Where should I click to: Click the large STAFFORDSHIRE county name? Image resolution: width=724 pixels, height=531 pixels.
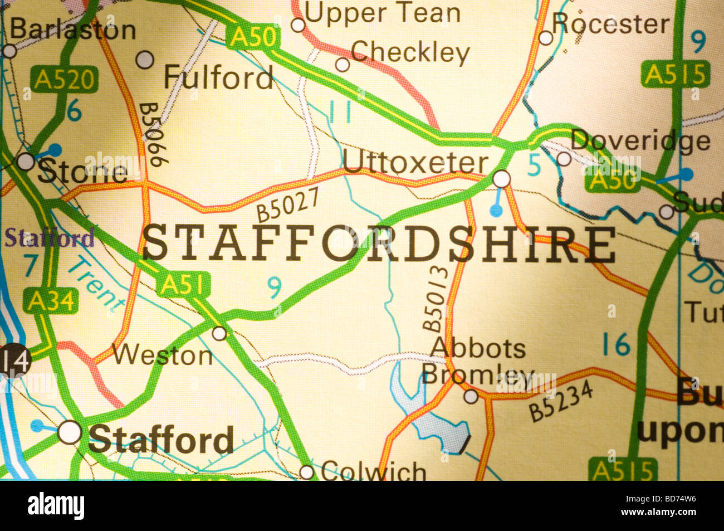(x=379, y=244)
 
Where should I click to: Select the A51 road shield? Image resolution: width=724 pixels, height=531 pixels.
(x=183, y=285)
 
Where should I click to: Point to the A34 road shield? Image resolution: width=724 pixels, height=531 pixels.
(x=51, y=301)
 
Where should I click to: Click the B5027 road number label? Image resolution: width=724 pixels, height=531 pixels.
(x=288, y=204)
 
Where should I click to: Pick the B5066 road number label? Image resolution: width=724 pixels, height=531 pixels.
(x=153, y=134)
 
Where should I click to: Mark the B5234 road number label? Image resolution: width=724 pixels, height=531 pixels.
(x=560, y=402)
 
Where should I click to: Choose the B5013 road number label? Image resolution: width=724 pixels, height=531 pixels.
(x=435, y=299)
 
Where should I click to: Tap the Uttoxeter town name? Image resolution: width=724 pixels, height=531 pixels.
(x=415, y=163)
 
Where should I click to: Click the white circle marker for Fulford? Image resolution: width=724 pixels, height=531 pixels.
(x=145, y=59)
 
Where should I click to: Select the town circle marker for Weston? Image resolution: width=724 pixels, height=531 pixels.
(x=220, y=333)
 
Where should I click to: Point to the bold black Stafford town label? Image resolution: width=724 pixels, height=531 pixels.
(x=161, y=440)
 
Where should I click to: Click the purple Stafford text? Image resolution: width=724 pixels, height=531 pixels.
(x=50, y=238)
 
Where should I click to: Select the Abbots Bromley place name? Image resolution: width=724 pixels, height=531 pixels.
(x=478, y=361)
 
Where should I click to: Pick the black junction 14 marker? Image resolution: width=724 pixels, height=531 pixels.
(x=13, y=361)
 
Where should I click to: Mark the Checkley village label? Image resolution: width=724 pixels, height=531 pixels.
(x=410, y=52)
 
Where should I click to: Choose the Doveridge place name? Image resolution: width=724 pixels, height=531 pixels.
(x=640, y=140)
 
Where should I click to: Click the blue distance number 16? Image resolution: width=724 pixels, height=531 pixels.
(x=615, y=345)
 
